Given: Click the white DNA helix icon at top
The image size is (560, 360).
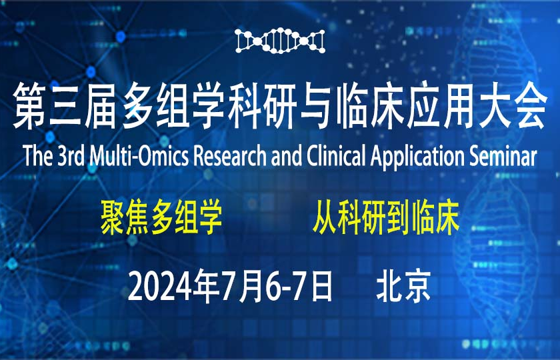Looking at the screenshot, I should (x=280, y=41).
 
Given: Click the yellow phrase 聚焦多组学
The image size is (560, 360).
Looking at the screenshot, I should (x=161, y=221).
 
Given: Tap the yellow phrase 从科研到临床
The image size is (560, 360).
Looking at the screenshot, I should (x=387, y=221).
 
